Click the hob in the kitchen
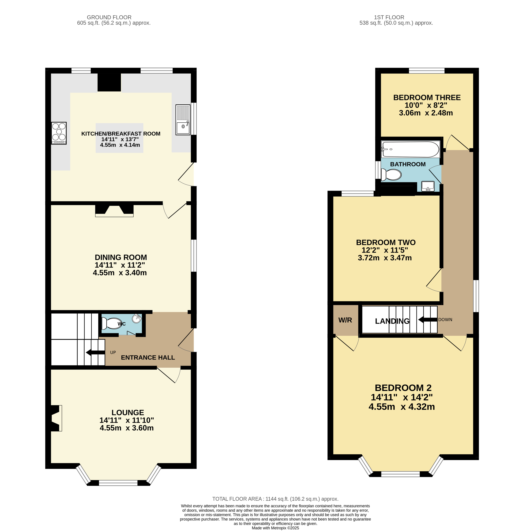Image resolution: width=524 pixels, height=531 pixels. [59, 133]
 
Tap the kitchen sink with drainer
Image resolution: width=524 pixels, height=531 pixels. [183, 120]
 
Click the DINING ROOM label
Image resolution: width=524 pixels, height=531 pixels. [121, 257]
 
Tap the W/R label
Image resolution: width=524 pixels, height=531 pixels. [345, 320]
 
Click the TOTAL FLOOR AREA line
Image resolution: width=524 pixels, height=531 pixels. [275, 499]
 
